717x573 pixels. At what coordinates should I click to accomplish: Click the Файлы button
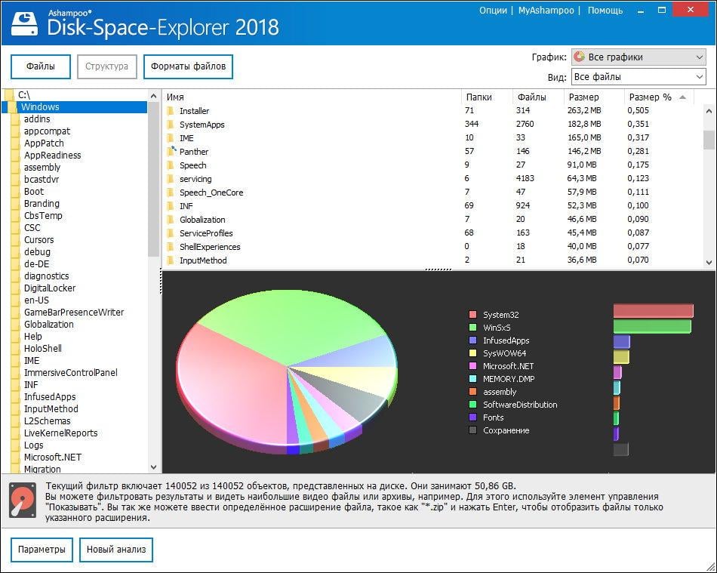(41, 66)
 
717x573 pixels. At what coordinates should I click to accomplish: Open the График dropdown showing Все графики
(638, 57)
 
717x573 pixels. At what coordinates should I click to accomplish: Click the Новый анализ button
(116, 550)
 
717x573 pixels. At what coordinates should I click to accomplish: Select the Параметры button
(42, 550)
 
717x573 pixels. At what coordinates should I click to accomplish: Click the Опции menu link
(493, 11)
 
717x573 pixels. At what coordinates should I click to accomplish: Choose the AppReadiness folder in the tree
(52, 156)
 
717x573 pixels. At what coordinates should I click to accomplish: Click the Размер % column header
(650, 97)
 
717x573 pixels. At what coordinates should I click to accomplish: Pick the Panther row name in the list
(194, 152)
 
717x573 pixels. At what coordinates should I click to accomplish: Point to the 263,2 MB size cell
(585, 111)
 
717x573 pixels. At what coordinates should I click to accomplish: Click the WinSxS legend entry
(497, 328)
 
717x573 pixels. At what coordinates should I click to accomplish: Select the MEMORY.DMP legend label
(509, 379)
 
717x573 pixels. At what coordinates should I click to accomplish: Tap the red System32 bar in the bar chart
(653, 311)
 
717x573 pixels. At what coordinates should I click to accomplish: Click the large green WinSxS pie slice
(302, 317)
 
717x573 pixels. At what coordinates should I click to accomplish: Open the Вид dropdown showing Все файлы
(638, 77)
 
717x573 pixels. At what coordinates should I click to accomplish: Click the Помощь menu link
(605, 11)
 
